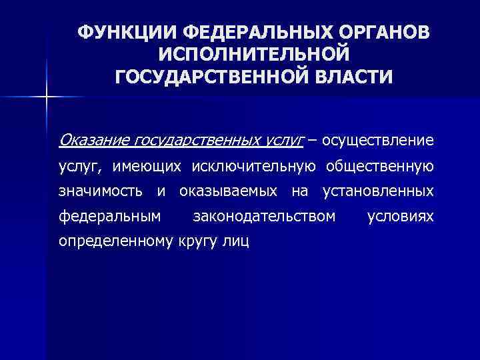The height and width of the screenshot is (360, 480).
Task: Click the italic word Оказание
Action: tap(93, 141)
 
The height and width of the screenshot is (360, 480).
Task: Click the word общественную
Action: tap(378, 166)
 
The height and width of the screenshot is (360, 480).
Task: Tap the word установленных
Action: tap(377, 191)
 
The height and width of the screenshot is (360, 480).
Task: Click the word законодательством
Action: tap(263, 216)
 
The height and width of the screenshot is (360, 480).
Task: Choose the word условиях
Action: tap(401, 216)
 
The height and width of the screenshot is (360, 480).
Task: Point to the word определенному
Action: tap(115, 241)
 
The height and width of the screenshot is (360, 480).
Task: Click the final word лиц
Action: tap(237, 241)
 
